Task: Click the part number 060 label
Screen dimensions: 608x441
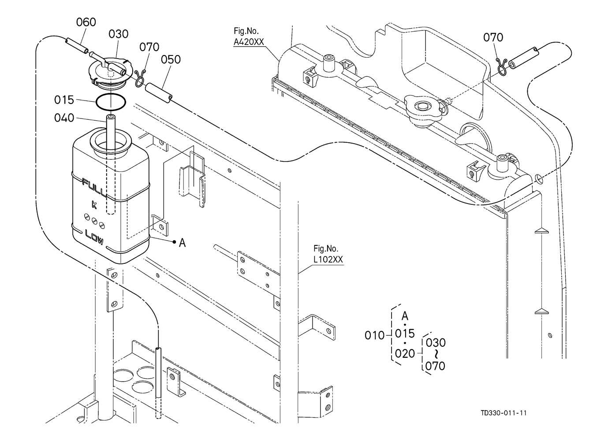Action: pos(86,22)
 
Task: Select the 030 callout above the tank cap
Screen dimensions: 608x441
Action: pos(118,34)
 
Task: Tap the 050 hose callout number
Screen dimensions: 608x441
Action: pos(171,59)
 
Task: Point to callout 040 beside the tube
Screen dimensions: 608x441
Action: pos(64,118)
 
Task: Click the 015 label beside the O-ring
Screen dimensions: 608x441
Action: pos(64,100)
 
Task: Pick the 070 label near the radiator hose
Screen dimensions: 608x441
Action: pos(493,37)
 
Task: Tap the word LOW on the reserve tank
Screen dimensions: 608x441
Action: pos(94,237)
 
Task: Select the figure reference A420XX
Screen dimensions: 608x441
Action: pos(249,42)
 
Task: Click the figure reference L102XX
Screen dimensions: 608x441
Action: pos(328,259)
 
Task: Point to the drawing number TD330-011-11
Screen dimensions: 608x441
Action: pos(504,413)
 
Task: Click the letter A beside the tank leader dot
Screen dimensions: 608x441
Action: pos(183,243)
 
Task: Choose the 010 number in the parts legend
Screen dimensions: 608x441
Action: pos(375,336)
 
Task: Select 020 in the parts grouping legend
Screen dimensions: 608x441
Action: pos(405,354)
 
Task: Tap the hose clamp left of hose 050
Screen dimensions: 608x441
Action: pos(140,79)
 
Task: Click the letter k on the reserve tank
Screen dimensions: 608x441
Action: pos(94,204)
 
